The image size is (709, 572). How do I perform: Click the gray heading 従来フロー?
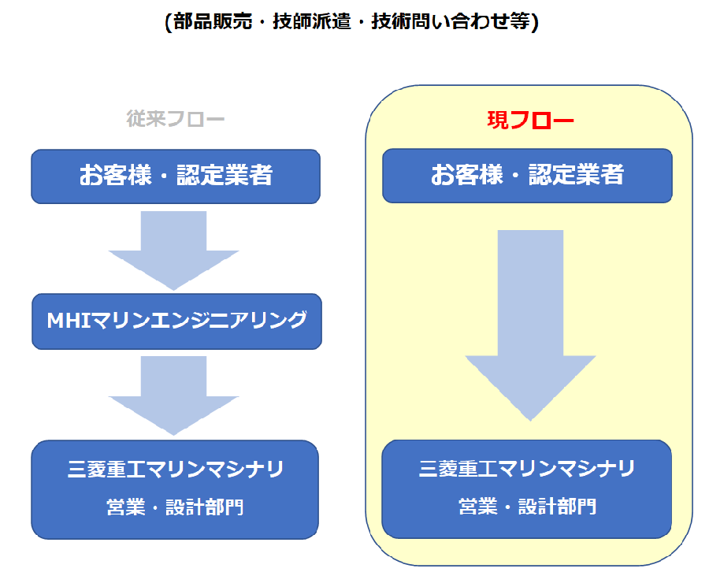tap(176, 119)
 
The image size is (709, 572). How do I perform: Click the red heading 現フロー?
tap(530, 121)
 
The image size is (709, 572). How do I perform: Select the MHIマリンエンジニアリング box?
tap(176, 321)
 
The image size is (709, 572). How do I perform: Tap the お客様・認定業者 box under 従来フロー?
tap(176, 176)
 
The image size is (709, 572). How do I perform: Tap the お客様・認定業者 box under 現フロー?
tap(527, 176)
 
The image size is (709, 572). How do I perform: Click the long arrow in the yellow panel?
tap(530, 325)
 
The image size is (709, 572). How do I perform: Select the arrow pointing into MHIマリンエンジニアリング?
tap(173, 251)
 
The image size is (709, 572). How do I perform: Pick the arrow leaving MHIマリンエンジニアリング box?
tap(173, 396)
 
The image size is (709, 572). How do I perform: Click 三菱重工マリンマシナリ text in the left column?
tap(176, 469)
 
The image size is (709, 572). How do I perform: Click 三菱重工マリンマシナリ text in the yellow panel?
tap(527, 469)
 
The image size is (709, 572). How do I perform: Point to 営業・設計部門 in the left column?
tap(176, 507)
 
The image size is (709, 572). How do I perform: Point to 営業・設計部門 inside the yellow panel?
tap(527, 506)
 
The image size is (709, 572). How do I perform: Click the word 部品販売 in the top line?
tap(213, 21)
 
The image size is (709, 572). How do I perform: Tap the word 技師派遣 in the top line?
tap(311, 21)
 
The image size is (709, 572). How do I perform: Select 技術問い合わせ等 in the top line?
tap(451, 21)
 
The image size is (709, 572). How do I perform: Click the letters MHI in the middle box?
tap(69, 321)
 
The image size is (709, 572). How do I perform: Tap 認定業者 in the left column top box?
tap(225, 175)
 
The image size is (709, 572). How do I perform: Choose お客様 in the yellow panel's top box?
tap(466, 174)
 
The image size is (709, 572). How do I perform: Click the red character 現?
tap(498, 121)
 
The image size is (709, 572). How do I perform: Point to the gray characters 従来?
tap(146, 119)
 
